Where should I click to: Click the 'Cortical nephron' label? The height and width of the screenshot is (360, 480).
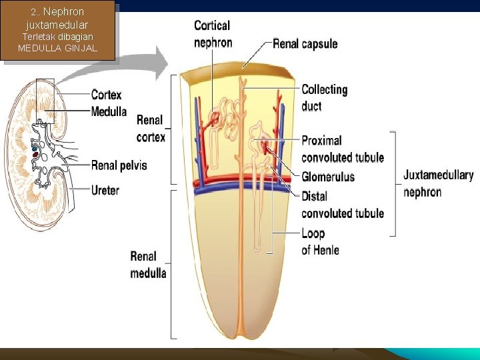point(213,34)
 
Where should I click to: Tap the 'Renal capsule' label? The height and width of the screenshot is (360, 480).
point(305,44)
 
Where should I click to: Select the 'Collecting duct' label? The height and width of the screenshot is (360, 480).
point(325,97)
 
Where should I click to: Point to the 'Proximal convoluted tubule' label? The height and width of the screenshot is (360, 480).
point(343,149)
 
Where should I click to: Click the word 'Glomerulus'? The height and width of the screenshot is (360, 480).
point(328,177)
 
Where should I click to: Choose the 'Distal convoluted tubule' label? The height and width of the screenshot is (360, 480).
point(343,205)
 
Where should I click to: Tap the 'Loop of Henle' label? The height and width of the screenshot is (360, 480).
point(320,241)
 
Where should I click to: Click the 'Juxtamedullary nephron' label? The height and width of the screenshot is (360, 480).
point(438,183)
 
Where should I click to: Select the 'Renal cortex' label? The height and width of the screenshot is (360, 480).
point(151,129)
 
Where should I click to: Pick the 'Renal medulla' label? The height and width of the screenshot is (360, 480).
point(148,265)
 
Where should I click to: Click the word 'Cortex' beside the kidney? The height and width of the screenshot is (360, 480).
point(106,95)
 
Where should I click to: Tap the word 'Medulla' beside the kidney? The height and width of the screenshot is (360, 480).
point(109,111)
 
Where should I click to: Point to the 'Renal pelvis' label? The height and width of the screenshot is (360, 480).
point(119,165)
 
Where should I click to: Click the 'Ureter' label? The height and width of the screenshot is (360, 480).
point(105,190)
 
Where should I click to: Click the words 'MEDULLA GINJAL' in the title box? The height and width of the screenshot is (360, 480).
point(58,48)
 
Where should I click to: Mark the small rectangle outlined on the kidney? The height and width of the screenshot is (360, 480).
point(45,107)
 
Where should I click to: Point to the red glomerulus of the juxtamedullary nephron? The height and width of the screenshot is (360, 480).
point(265,146)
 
